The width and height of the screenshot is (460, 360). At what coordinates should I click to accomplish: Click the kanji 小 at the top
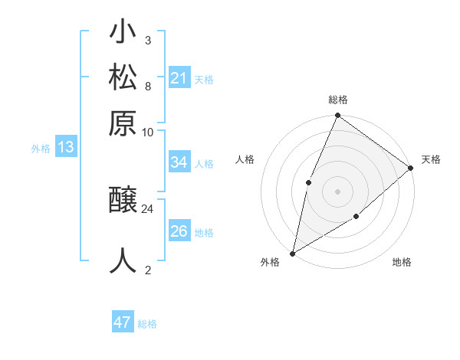(x=123, y=34)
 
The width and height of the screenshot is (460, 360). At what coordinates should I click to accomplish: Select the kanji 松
(x=123, y=77)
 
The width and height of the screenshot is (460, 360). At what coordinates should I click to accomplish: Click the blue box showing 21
(x=179, y=77)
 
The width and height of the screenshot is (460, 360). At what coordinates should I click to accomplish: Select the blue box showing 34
(x=179, y=162)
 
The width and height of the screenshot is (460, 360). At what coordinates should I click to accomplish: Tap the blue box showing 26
(x=179, y=231)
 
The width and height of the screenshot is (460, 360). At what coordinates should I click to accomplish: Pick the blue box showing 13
(x=66, y=147)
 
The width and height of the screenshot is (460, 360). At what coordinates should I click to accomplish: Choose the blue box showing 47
(x=123, y=322)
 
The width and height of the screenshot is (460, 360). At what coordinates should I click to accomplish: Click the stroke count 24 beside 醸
(x=148, y=208)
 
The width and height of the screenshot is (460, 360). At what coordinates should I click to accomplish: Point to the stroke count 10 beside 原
(x=148, y=132)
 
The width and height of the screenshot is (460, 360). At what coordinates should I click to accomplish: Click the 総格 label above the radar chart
(x=338, y=100)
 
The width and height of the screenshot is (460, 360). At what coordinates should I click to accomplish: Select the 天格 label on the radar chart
(x=431, y=159)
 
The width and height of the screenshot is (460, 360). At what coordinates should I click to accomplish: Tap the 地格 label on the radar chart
(x=402, y=263)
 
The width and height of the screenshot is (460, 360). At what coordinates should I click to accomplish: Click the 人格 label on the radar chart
(x=245, y=159)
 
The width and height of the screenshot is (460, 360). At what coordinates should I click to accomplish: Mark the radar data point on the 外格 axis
(x=292, y=254)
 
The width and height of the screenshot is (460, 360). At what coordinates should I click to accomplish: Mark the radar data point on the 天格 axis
(x=411, y=168)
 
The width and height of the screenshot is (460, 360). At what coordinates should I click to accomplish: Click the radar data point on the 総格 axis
(x=338, y=116)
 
